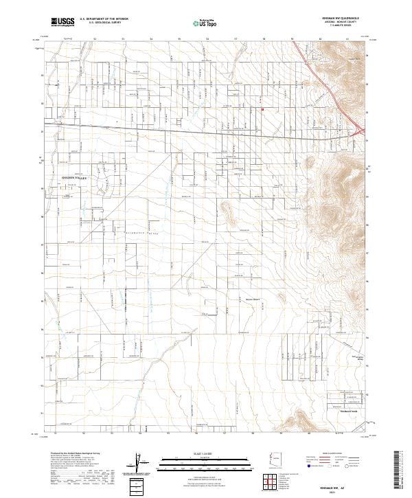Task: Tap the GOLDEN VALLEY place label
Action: click(x=76, y=177)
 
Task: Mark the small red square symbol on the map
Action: click(x=263, y=108)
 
